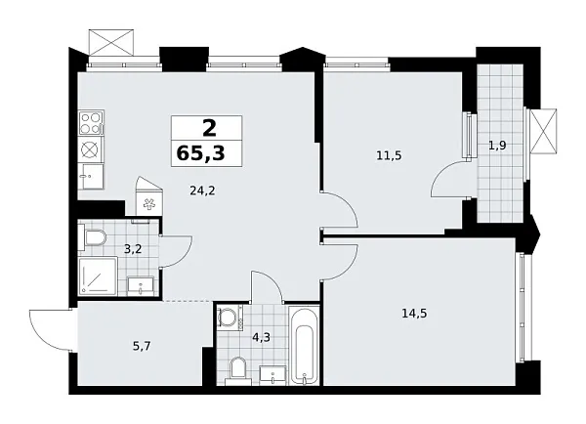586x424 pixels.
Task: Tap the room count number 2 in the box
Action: pyautogui.click(x=207, y=127)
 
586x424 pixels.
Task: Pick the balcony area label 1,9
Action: pyautogui.click(x=497, y=146)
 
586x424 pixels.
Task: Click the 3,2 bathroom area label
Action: pyautogui.click(x=133, y=248)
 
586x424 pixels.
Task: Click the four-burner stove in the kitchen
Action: pyautogui.click(x=91, y=123)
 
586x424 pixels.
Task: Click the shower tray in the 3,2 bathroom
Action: pyautogui.click(x=96, y=278)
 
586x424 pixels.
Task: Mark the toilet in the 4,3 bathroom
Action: pyautogui.click(x=236, y=368)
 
